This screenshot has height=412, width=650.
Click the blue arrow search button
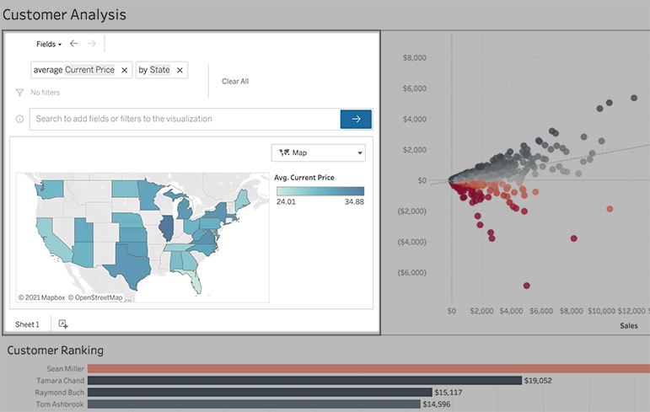pos(356,119)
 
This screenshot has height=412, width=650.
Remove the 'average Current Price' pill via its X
pos(124,70)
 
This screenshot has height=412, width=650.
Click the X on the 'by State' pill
pos(180,70)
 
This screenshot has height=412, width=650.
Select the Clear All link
pos(235,82)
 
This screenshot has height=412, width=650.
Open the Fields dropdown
pos(49,43)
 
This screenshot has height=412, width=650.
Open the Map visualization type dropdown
pos(318,152)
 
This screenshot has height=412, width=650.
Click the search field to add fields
pos(184,119)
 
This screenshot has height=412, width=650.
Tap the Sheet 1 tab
pos(27,324)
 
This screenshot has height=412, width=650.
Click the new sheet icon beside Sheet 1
pos(63,324)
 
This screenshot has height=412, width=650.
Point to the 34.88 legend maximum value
pos(354,202)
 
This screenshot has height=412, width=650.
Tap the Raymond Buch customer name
pos(59,392)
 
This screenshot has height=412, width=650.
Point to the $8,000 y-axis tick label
pos(415,58)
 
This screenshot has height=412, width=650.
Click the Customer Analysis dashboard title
pos(64,14)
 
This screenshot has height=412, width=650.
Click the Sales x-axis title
pos(629,325)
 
